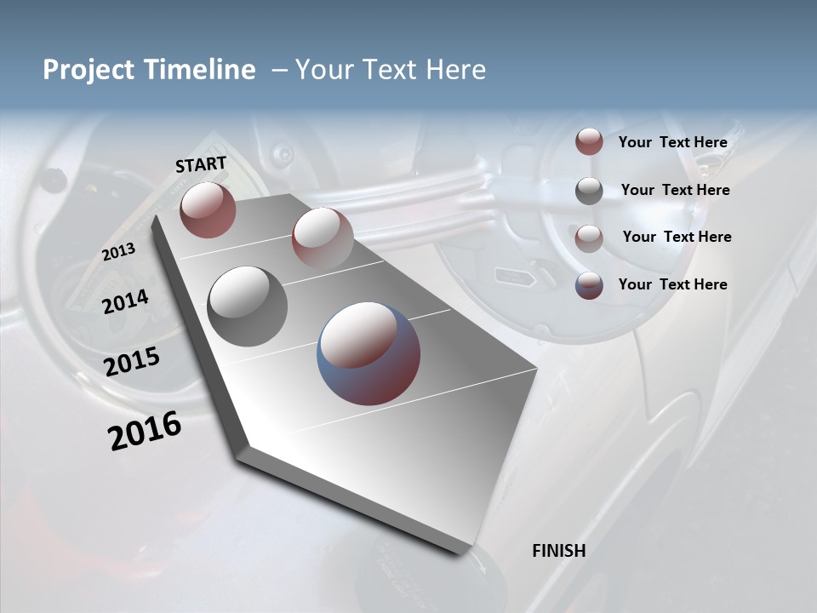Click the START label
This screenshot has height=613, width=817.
click(201, 164)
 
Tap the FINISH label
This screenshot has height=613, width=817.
click(558, 551)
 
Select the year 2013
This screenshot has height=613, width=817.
click(118, 252)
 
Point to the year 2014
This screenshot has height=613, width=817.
click(126, 301)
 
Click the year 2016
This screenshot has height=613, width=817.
click(145, 431)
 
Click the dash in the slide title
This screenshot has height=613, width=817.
click(279, 70)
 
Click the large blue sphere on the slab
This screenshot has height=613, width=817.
click(369, 353)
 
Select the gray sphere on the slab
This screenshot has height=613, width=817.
click(248, 306)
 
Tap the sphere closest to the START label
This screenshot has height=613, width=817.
click(208, 209)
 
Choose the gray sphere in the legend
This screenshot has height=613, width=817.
click(589, 191)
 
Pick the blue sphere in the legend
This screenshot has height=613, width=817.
click(589, 285)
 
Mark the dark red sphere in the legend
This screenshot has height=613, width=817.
click(589, 142)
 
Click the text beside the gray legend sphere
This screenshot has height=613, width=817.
click(675, 190)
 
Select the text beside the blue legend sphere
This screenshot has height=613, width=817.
click(672, 284)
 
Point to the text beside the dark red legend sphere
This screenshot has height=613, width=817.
click(672, 142)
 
